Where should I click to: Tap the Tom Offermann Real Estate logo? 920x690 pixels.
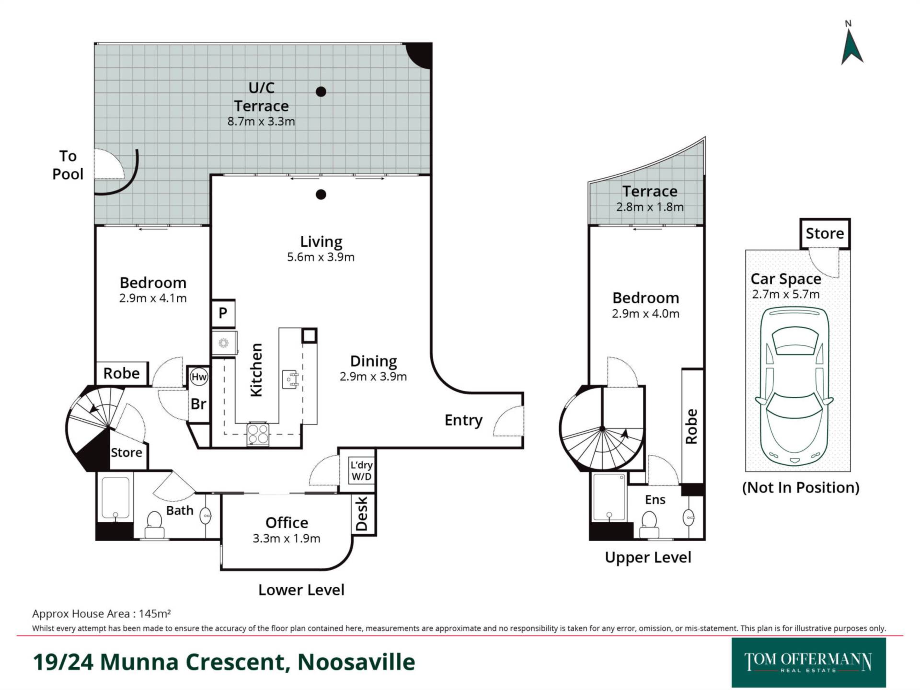point(808,662)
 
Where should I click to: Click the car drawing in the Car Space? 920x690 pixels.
point(794,386)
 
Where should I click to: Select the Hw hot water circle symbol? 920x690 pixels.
point(198,377)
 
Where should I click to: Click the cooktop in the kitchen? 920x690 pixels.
point(258,434)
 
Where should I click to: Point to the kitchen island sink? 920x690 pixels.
point(290,379)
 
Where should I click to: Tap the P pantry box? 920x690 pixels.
point(223,313)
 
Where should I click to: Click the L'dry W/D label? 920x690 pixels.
point(361,471)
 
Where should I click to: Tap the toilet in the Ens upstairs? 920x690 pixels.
point(649,523)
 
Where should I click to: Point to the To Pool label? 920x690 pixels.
point(68,165)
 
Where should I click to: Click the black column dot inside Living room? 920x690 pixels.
point(321,194)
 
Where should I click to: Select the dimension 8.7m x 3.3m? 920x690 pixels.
point(261,122)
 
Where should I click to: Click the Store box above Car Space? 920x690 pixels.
point(824,233)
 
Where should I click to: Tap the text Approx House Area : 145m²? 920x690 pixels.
point(102,614)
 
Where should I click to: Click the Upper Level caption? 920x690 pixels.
point(648,557)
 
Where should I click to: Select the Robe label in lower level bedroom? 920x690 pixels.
point(122,373)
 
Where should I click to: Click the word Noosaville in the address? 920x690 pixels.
point(356,662)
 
